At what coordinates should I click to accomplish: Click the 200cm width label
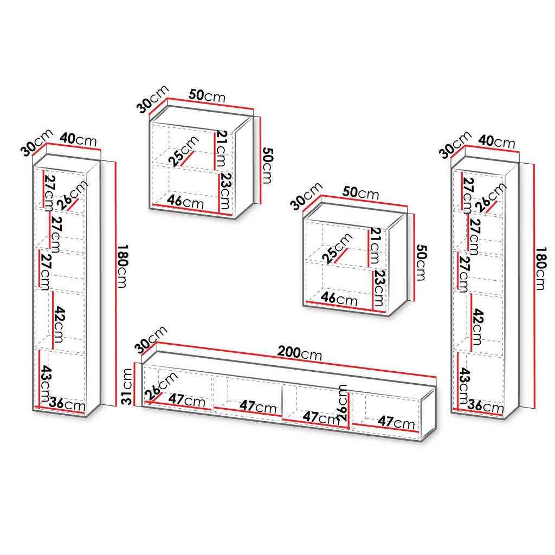tap(299, 353)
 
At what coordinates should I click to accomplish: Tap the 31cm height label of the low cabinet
tap(126, 386)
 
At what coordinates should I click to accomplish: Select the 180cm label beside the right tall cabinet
tap(540, 269)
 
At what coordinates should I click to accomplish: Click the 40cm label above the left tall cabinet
tap(78, 139)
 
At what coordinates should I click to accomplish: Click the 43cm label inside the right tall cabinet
tap(464, 386)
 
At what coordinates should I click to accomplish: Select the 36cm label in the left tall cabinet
tap(67, 403)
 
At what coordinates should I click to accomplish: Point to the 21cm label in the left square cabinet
tap(222, 149)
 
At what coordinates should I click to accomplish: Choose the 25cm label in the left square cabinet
tap(183, 152)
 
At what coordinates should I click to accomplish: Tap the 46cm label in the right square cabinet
tap(339, 299)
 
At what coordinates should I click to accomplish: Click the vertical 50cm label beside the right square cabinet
tap(421, 262)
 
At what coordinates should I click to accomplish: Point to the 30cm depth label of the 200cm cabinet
tap(151, 339)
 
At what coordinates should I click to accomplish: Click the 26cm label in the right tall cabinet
tap(491, 198)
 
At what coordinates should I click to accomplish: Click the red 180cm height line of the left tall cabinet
tap(115, 283)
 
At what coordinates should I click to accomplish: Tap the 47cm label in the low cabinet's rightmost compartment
tap(396, 422)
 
